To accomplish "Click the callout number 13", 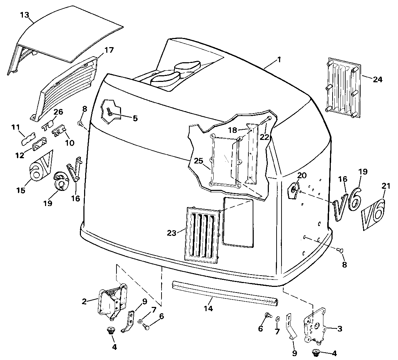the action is pyautogui.click(x=25, y=15).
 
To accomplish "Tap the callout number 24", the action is pyautogui.click(x=378, y=79).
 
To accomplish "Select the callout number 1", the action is pyautogui.click(x=279, y=60).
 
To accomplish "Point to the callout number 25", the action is pyautogui.click(x=199, y=161).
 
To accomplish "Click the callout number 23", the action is pyautogui.click(x=172, y=233).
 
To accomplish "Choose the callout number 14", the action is pyautogui.click(x=208, y=309).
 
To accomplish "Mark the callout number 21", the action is pyautogui.click(x=386, y=186).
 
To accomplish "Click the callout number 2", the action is pyautogui.click(x=84, y=301).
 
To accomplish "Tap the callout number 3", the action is pyautogui.click(x=340, y=329).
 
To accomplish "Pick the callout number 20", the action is pyautogui.click(x=302, y=175).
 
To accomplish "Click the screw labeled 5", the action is pyautogui.click(x=110, y=112).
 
